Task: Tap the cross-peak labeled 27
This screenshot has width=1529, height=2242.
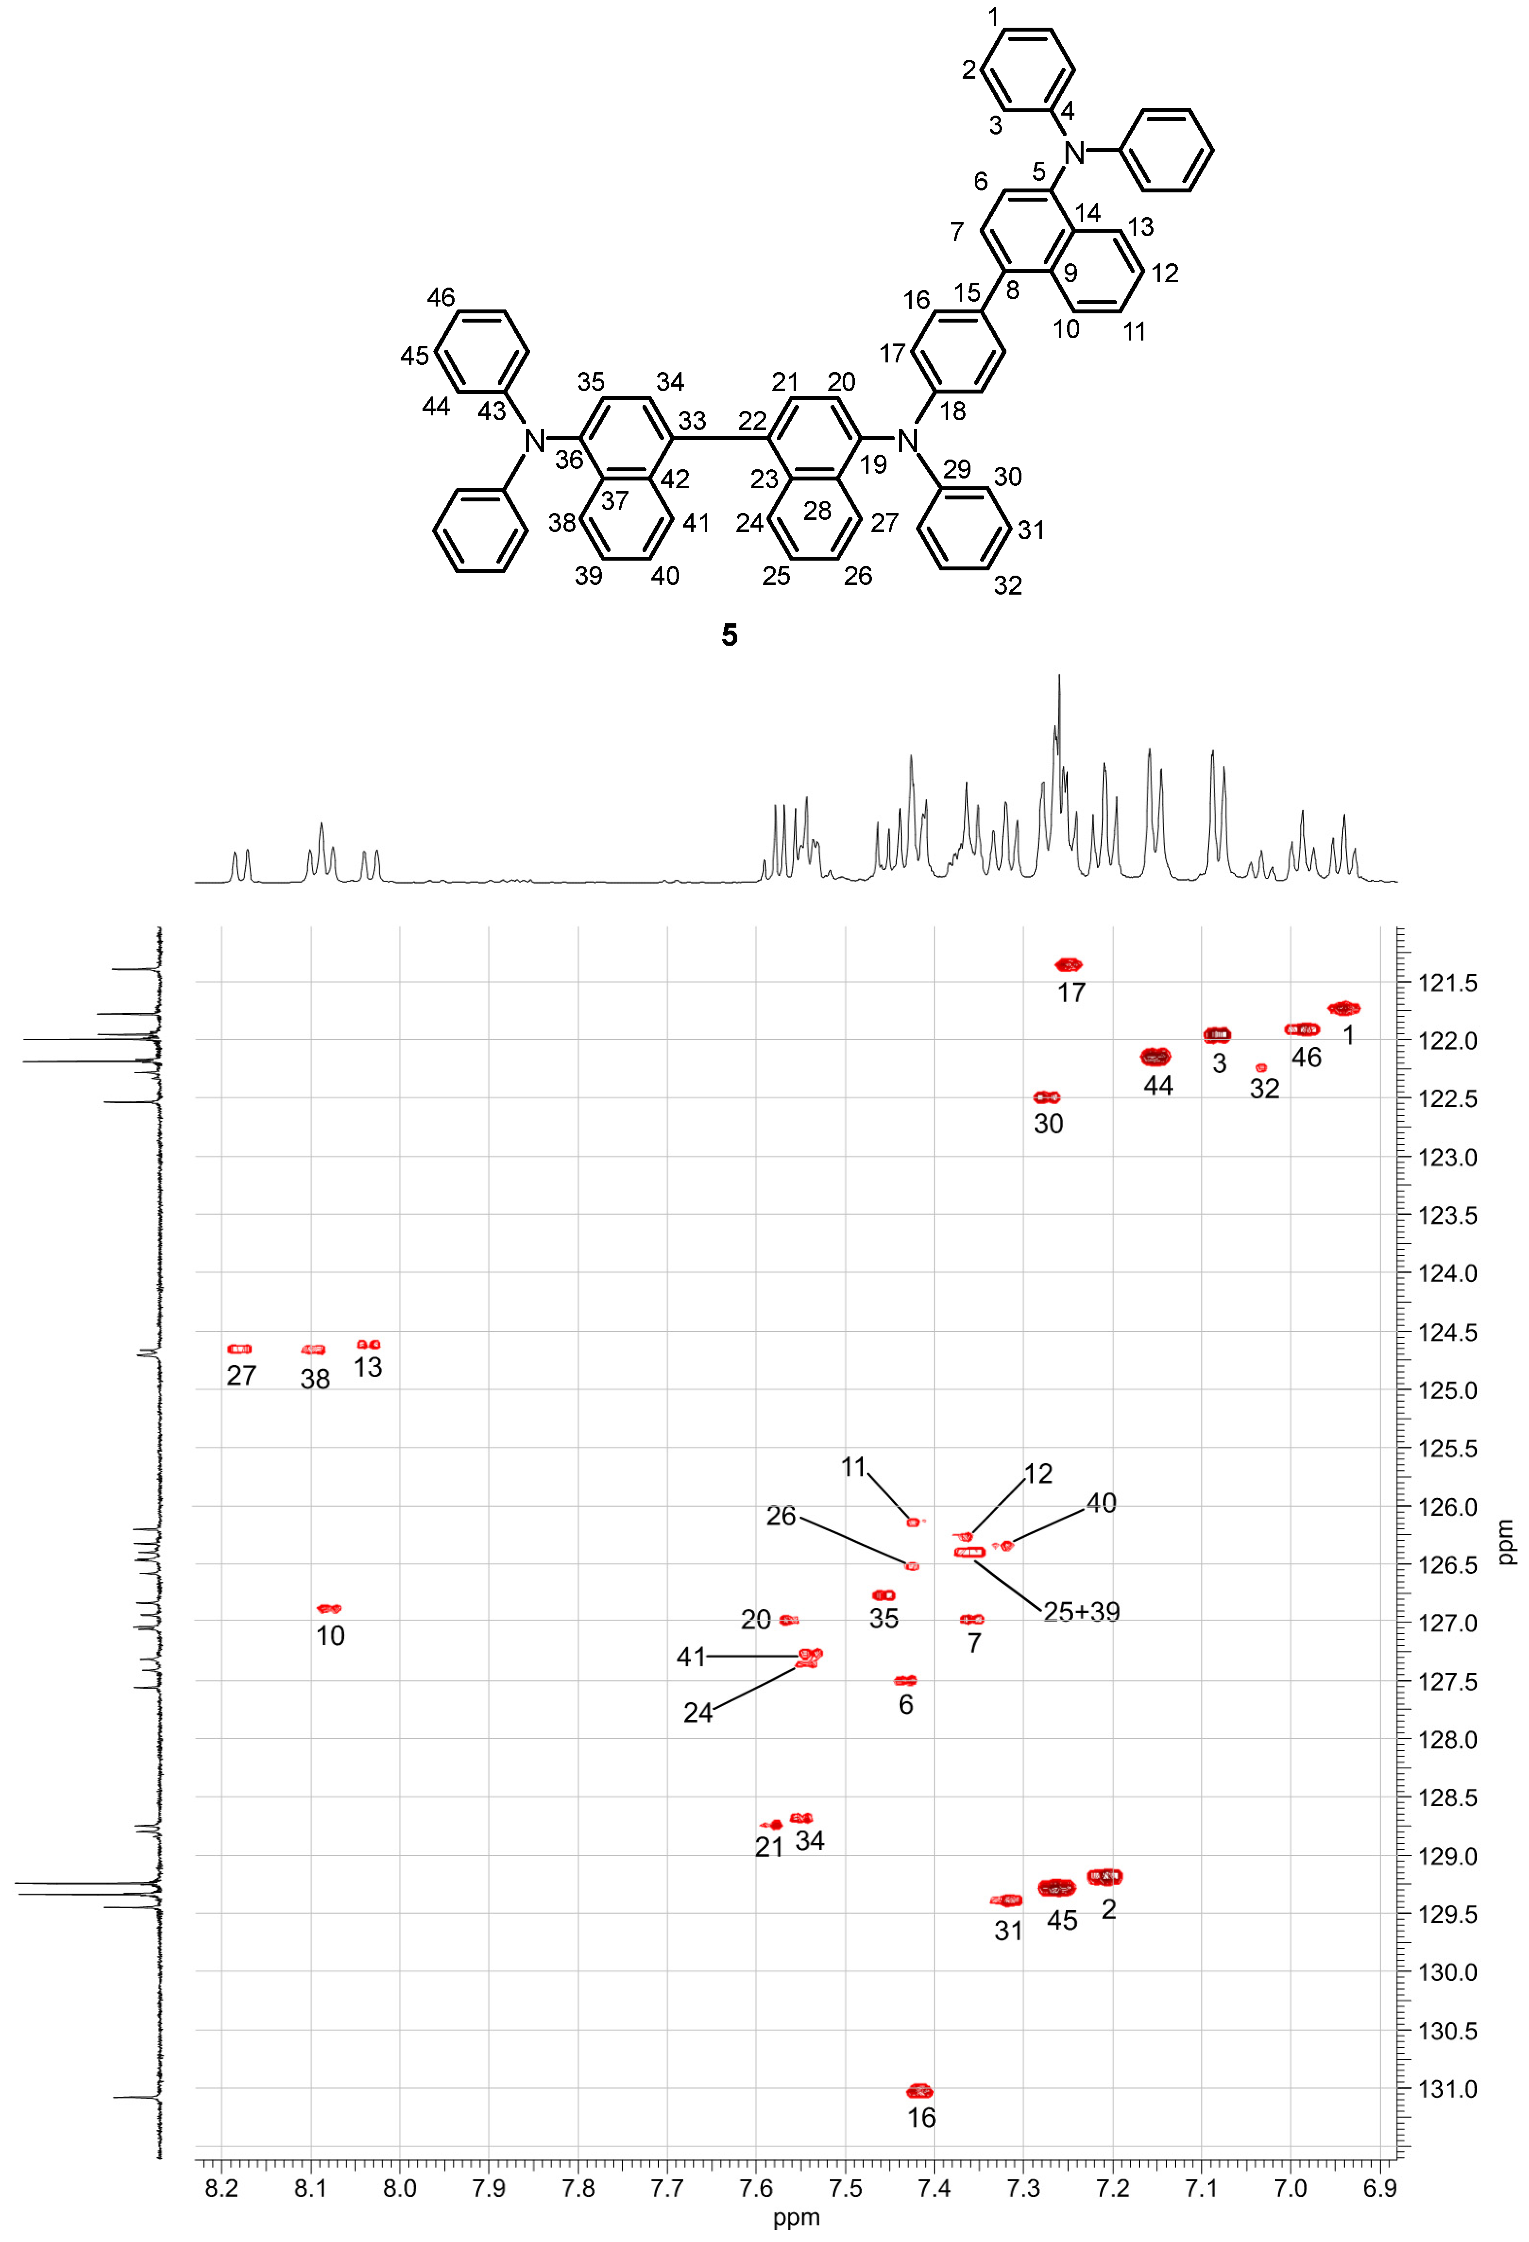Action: (239, 1349)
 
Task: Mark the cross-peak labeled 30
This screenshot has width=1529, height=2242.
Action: (1047, 1097)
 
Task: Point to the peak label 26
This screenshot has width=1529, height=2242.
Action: (781, 1516)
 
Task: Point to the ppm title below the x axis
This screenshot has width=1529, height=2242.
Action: (796, 2218)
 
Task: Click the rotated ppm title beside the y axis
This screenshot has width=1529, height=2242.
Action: (1506, 1541)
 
